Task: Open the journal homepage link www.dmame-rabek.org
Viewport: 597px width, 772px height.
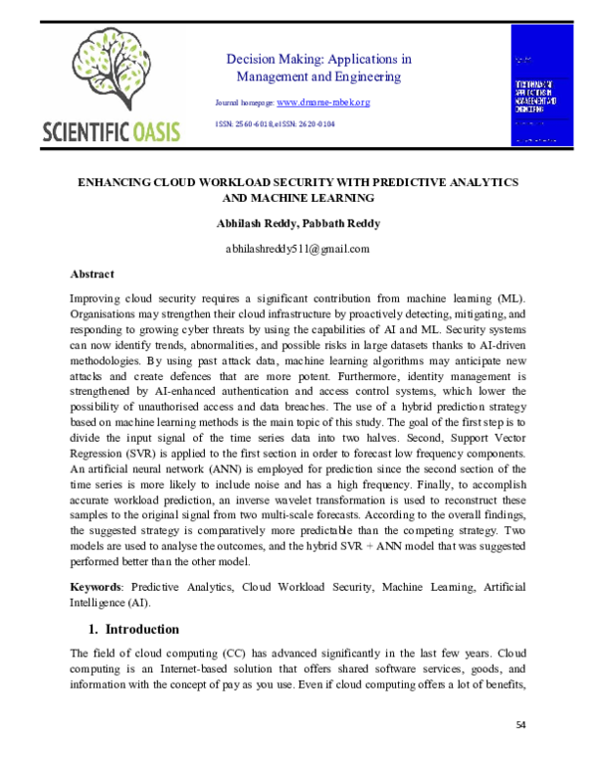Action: click(x=322, y=102)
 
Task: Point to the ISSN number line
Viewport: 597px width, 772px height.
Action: click(x=276, y=124)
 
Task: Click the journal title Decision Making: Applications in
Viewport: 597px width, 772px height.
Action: click(x=318, y=59)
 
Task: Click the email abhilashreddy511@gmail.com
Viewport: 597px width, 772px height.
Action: click(x=298, y=249)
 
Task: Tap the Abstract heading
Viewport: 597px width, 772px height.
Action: click(x=92, y=274)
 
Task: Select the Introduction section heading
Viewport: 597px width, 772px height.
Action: click(x=141, y=629)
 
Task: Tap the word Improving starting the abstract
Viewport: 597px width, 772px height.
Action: click(x=97, y=298)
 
